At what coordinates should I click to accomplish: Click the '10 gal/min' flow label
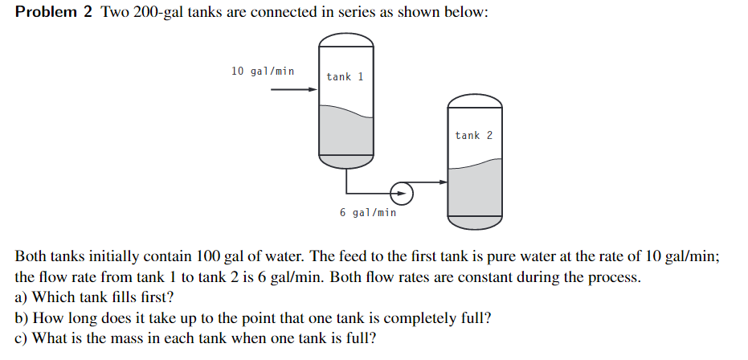262,71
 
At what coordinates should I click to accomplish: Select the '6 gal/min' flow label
367,213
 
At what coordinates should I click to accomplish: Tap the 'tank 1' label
345,77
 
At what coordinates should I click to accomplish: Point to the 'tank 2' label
473,135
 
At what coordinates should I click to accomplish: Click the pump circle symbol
401,193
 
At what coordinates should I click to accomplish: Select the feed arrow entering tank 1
293,89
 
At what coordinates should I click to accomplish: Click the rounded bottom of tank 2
474,219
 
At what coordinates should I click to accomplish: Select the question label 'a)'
22,297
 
